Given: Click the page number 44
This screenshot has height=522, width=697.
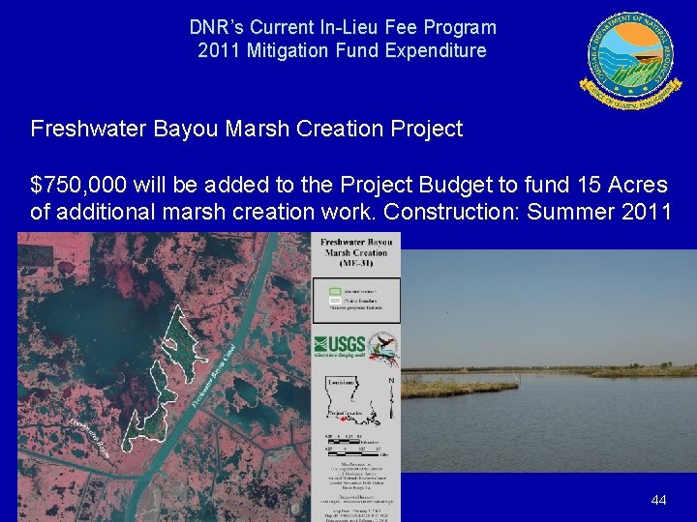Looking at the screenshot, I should pyautogui.click(x=658, y=500).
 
